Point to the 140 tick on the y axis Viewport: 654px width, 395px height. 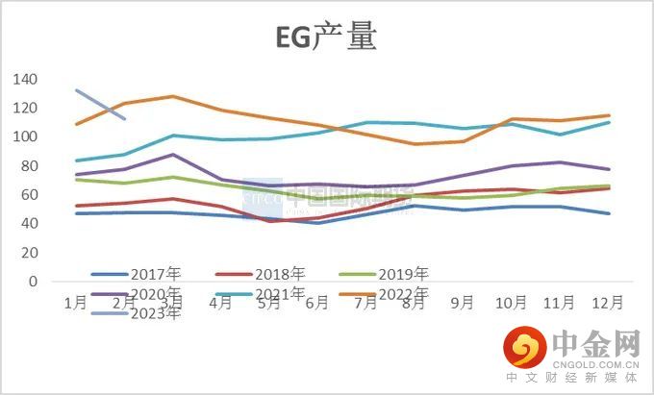pos(26,79)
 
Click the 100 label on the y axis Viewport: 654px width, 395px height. pos(26,136)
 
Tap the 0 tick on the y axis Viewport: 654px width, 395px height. pos(34,283)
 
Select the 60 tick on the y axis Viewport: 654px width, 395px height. pos(30,195)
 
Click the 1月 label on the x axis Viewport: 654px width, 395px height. pos(76,302)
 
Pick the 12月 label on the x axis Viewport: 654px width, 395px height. pos(608,302)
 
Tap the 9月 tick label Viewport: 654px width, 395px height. pos(463,302)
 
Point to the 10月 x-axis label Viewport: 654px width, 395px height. pos(511,302)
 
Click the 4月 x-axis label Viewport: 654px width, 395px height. pos(220,302)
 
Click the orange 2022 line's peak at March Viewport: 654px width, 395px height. pos(172,96)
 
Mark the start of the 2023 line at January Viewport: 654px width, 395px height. pos(76,90)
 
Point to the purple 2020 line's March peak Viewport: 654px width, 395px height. pos(172,155)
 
